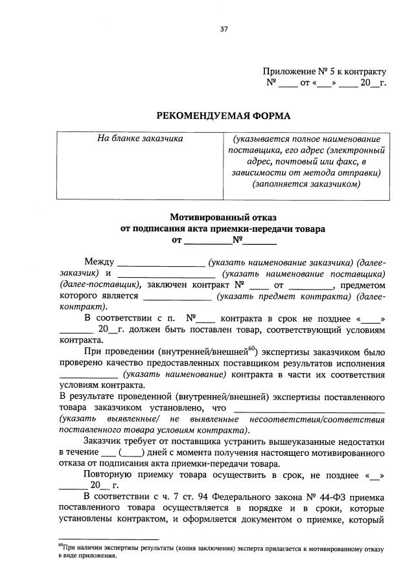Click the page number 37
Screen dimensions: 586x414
(x=224, y=29)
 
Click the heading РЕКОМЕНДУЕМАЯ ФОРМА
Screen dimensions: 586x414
(x=224, y=116)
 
